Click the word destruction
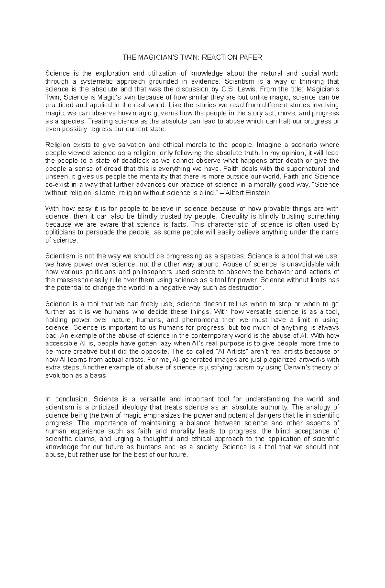click(248, 288)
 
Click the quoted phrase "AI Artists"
click(229, 352)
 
